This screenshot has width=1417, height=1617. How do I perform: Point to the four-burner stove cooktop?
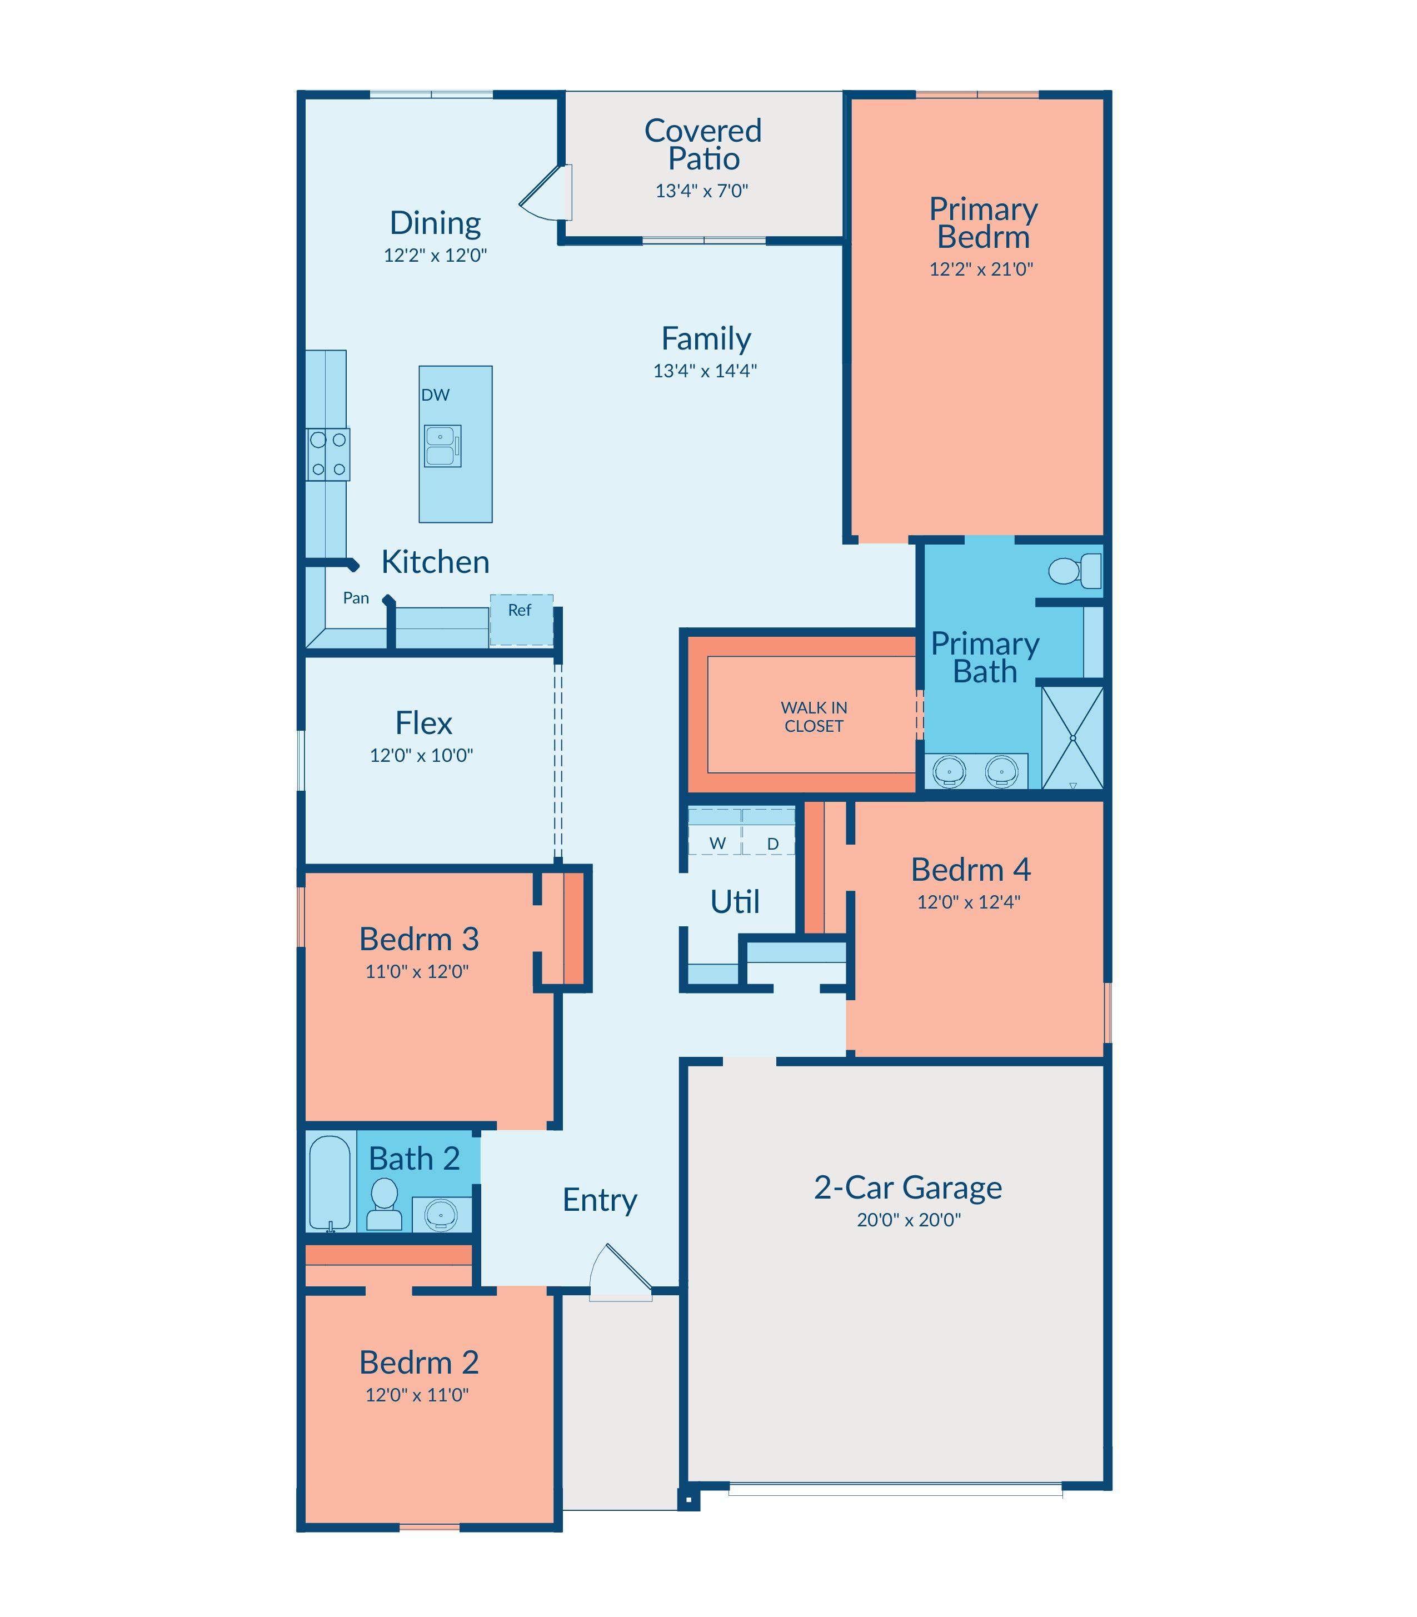tap(328, 455)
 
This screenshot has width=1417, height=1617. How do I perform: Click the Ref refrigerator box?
tap(521, 620)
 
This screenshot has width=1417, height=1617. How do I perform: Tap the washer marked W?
tap(716, 831)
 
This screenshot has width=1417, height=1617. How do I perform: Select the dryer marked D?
tap(770, 831)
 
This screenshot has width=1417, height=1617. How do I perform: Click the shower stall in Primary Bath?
tap(1072, 738)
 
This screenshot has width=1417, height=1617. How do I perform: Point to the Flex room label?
tap(424, 723)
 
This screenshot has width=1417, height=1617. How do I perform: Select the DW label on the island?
tap(435, 395)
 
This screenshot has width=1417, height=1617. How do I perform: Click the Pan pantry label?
tap(356, 598)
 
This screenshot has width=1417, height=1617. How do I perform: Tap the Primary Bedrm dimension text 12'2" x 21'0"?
tap(981, 269)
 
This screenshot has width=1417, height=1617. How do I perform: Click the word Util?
tap(735, 901)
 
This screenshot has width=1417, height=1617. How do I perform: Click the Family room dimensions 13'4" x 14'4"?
tap(705, 370)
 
